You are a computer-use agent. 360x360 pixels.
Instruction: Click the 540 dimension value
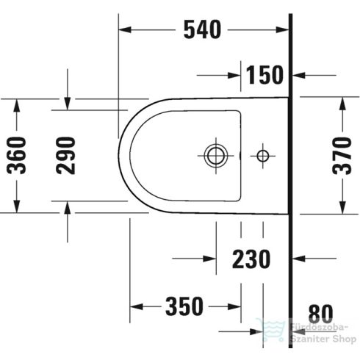click(x=201, y=29)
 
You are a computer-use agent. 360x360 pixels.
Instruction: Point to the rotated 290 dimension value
click(x=68, y=155)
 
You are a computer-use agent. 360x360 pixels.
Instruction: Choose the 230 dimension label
click(x=251, y=259)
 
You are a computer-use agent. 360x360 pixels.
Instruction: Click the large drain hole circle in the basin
click(x=216, y=155)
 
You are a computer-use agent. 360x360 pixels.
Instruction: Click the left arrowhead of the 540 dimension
click(x=126, y=29)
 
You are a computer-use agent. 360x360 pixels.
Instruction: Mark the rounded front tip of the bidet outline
click(x=119, y=155)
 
